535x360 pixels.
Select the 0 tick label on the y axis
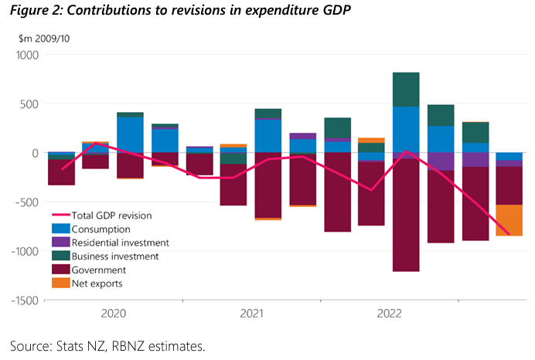tap(34, 153)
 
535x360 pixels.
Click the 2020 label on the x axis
tap(114, 314)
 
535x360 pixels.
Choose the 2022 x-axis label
tap(389, 314)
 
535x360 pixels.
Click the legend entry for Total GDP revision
tap(113, 215)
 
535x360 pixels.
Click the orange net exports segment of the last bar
tap(509, 220)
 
